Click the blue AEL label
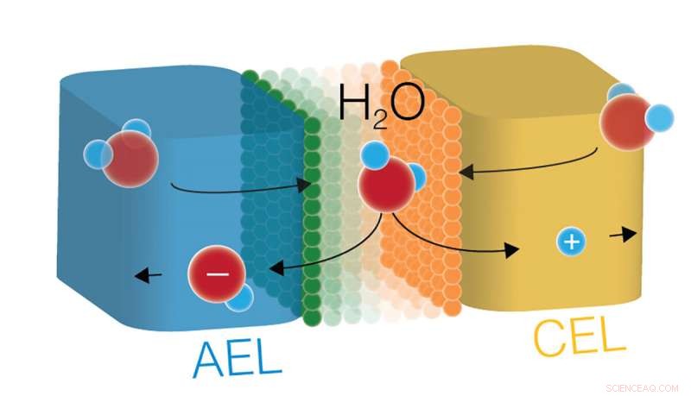pyautogui.click(x=237, y=359)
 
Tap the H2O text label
pyautogui.click(x=382, y=106)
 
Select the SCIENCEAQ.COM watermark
pyautogui.click(x=642, y=388)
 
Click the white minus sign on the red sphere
pyautogui.click(x=218, y=273)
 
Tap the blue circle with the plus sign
pyautogui.click(x=572, y=242)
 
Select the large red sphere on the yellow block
pyautogui.click(x=628, y=122)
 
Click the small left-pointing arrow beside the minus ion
pyautogui.click(x=148, y=276)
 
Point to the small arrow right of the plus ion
pyautogui.click(x=623, y=235)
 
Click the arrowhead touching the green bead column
pyautogui.click(x=303, y=185)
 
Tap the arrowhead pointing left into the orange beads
pyautogui.click(x=466, y=171)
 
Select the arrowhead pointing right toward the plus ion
pyautogui.click(x=511, y=250)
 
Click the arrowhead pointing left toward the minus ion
pyautogui.click(x=276, y=268)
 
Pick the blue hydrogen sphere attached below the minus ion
pyautogui.click(x=240, y=298)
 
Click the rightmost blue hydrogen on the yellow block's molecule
pyautogui.click(x=660, y=118)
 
